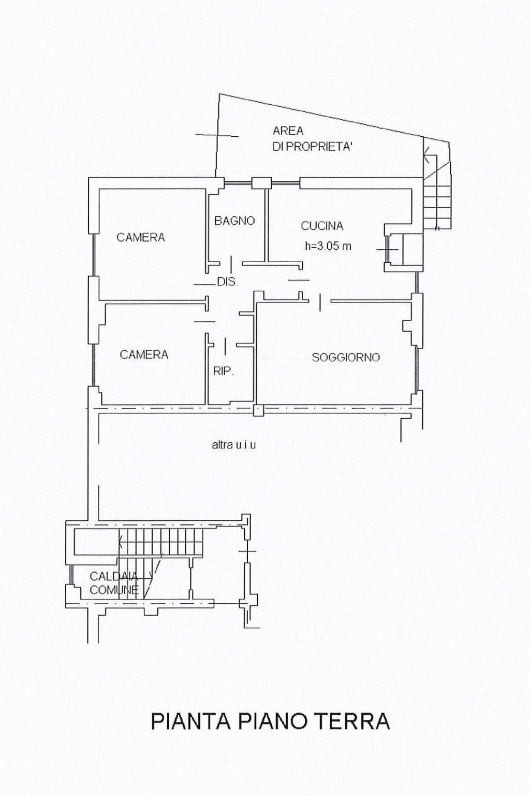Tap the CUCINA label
[x=322, y=226]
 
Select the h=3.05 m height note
[x=328, y=246]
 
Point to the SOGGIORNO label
[x=346, y=357]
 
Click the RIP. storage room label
[x=223, y=372]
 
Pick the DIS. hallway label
[x=227, y=282]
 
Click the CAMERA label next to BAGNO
[x=141, y=237]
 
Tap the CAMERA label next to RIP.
[x=144, y=354]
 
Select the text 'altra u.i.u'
[x=233, y=445]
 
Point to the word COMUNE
[x=113, y=590]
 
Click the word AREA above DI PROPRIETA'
[x=288, y=131]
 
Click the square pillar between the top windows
[x=261, y=183]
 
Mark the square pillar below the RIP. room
[x=258, y=410]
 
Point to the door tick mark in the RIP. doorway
[x=226, y=346]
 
